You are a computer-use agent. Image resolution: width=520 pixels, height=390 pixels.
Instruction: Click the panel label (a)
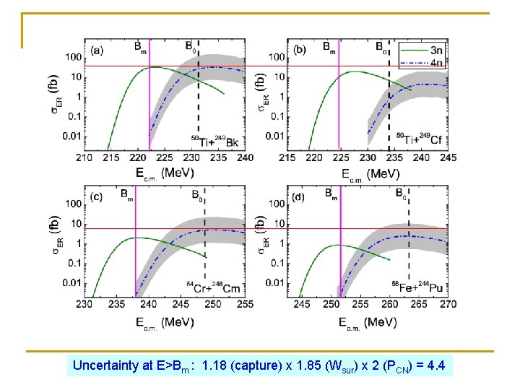pos(97,51)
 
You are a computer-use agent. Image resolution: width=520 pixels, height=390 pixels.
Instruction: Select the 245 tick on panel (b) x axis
pos(448,157)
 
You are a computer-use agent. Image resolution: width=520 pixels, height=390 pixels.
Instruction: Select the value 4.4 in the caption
pos(436,365)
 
